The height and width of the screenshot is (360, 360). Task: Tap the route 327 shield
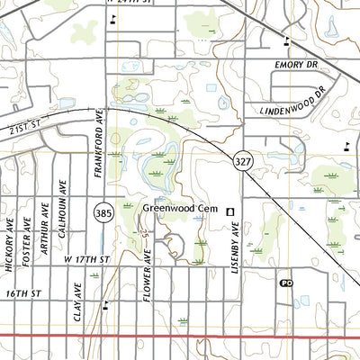[244, 158]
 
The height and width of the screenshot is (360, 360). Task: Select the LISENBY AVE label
[231, 241]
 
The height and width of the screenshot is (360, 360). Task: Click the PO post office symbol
[286, 282]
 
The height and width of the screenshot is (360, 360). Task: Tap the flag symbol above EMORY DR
[286, 39]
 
